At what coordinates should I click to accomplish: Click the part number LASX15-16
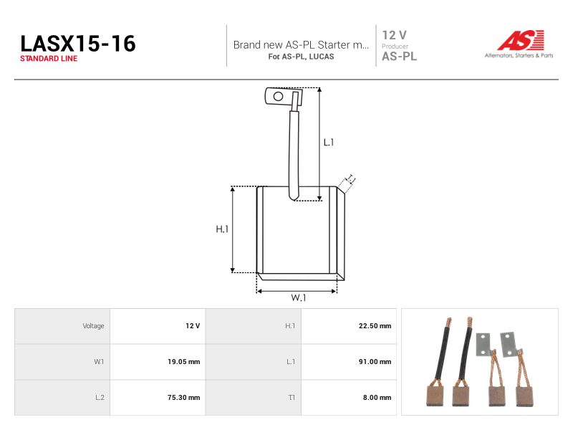pyautogui.click(x=78, y=44)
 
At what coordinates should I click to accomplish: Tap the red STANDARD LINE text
pyautogui.click(x=49, y=59)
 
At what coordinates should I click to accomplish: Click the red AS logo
pyautogui.click(x=521, y=40)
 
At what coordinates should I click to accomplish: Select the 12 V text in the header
pyautogui.click(x=394, y=35)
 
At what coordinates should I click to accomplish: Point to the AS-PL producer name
pyautogui.click(x=399, y=57)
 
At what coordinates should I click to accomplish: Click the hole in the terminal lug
pyautogui.click(x=278, y=97)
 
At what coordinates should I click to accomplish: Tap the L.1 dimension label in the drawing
pyautogui.click(x=329, y=142)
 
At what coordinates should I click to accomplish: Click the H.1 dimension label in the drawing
pyautogui.click(x=222, y=229)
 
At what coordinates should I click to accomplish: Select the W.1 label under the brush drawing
pyautogui.click(x=298, y=297)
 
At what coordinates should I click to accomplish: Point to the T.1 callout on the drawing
pyautogui.click(x=351, y=178)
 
